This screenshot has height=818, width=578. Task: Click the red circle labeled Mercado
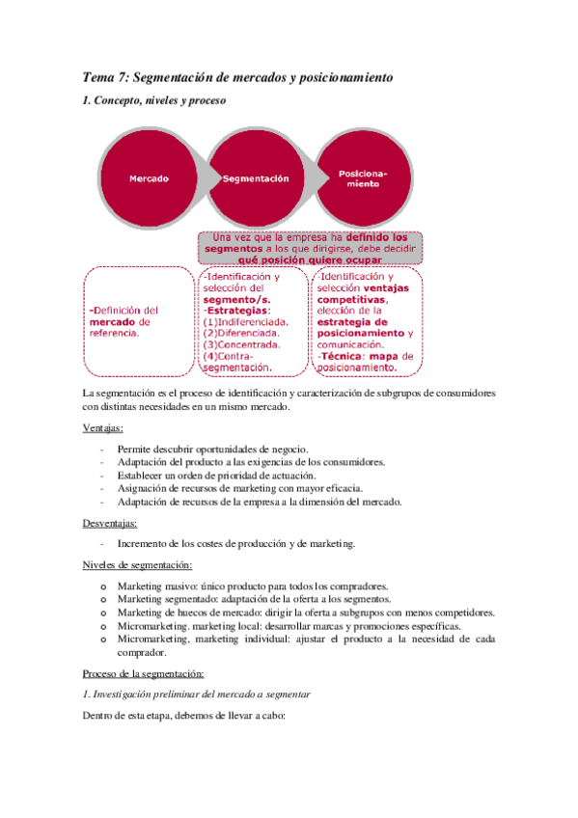click(x=150, y=179)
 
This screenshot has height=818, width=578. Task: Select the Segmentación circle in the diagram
click(x=256, y=179)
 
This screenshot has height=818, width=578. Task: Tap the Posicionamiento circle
click(x=363, y=179)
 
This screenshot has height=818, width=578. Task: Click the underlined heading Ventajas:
click(x=103, y=427)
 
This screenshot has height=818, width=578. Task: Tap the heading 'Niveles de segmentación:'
click(x=137, y=564)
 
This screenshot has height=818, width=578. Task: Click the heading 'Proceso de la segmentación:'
click(x=143, y=673)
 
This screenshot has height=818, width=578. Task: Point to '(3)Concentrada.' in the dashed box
click(x=242, y=344)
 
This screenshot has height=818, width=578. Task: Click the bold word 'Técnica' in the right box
click(x=340, y=356)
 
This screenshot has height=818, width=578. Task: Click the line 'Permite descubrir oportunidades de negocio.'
click(x=212, y=449)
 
